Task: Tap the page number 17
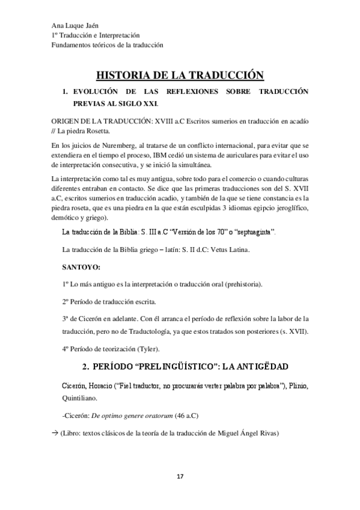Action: [x=179, y=477]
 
